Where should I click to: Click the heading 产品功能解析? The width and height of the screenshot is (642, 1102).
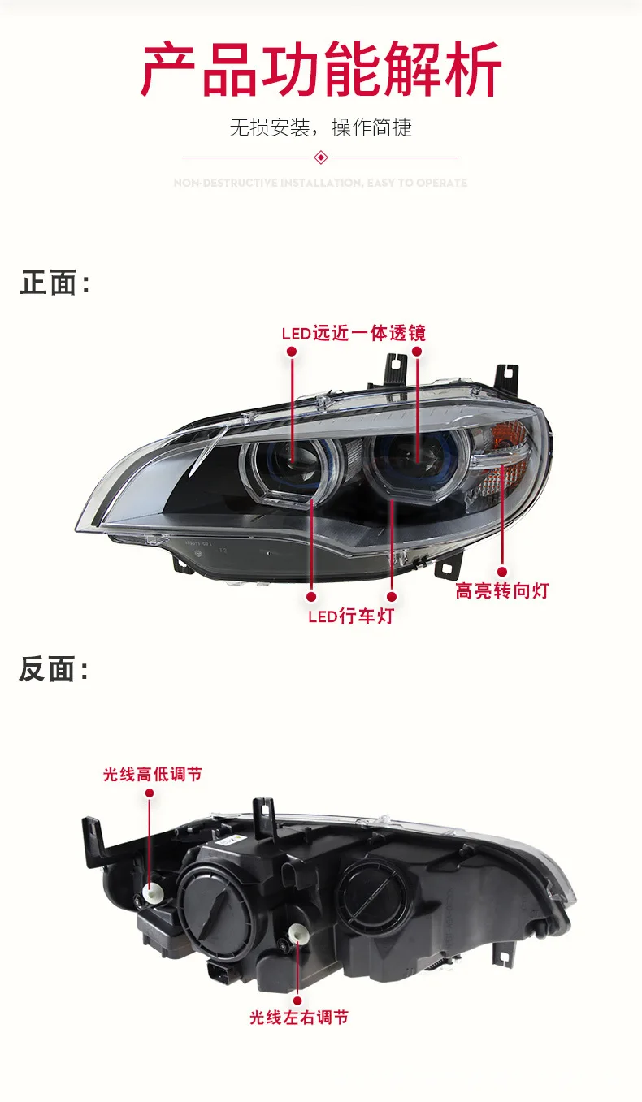321,71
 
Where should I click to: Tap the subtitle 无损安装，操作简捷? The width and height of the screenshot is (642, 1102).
320,127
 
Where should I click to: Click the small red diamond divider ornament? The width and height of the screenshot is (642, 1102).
320,157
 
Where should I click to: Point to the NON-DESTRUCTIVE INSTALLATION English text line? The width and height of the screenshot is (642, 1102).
320,183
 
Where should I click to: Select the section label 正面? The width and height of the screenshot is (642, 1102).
54,283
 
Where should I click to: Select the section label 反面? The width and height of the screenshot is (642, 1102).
54,670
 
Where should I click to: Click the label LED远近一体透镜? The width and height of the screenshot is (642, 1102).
353,333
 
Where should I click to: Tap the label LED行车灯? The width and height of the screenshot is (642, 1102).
350,616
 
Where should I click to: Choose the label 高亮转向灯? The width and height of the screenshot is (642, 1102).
501,591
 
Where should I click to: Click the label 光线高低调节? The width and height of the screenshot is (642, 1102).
152,775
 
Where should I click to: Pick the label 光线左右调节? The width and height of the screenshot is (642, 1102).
299,1017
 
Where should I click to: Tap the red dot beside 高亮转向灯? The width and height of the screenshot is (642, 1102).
501,572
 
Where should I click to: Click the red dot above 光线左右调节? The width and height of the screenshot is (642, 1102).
297,1001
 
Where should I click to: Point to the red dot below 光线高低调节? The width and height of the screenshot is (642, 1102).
150,792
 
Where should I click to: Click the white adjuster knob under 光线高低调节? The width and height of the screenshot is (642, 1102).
150,892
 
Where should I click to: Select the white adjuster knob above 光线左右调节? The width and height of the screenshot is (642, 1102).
297,935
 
